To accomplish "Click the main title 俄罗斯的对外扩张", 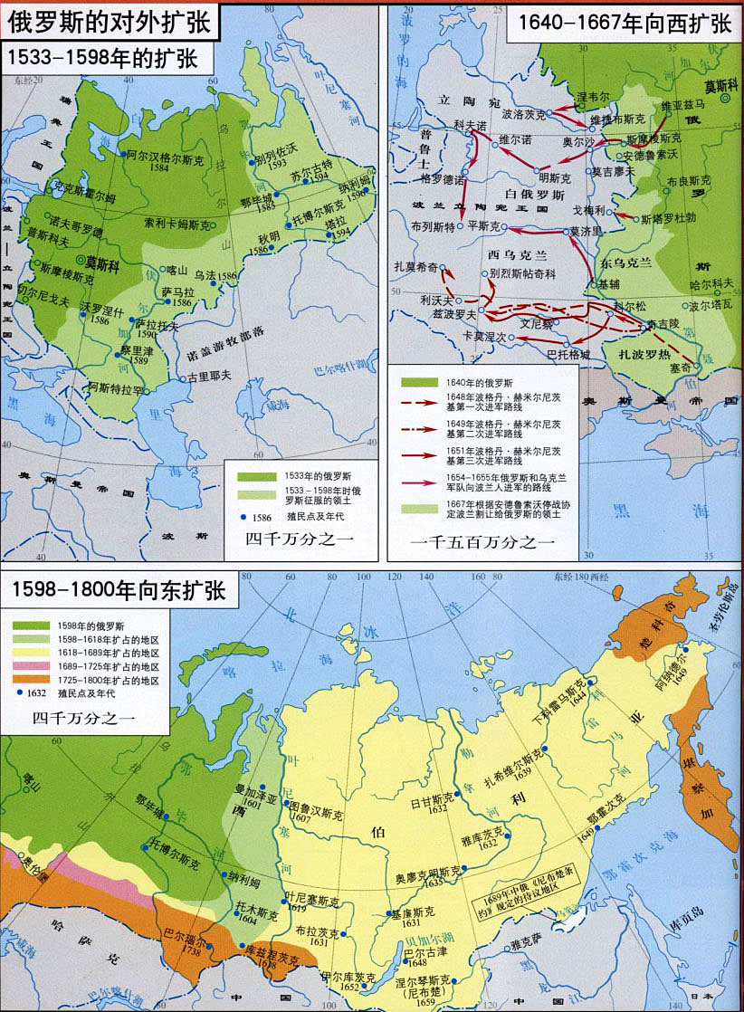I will [110, 20].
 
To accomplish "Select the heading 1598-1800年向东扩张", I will [118, 593].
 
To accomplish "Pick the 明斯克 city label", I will [553, 178].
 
